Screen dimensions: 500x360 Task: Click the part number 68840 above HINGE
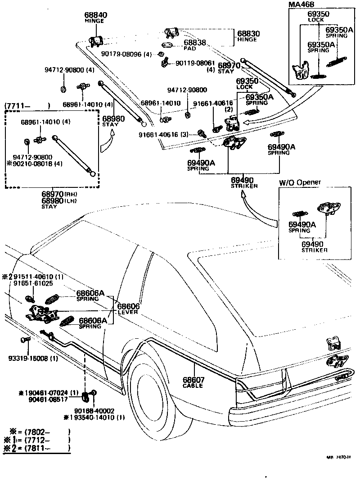96,15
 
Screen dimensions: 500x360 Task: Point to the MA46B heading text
301,5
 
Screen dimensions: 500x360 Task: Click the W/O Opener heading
300,182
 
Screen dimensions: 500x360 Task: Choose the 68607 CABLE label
193,382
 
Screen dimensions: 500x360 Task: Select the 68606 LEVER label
128,309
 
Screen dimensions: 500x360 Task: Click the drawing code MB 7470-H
338,458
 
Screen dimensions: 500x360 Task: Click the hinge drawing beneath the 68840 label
96,40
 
